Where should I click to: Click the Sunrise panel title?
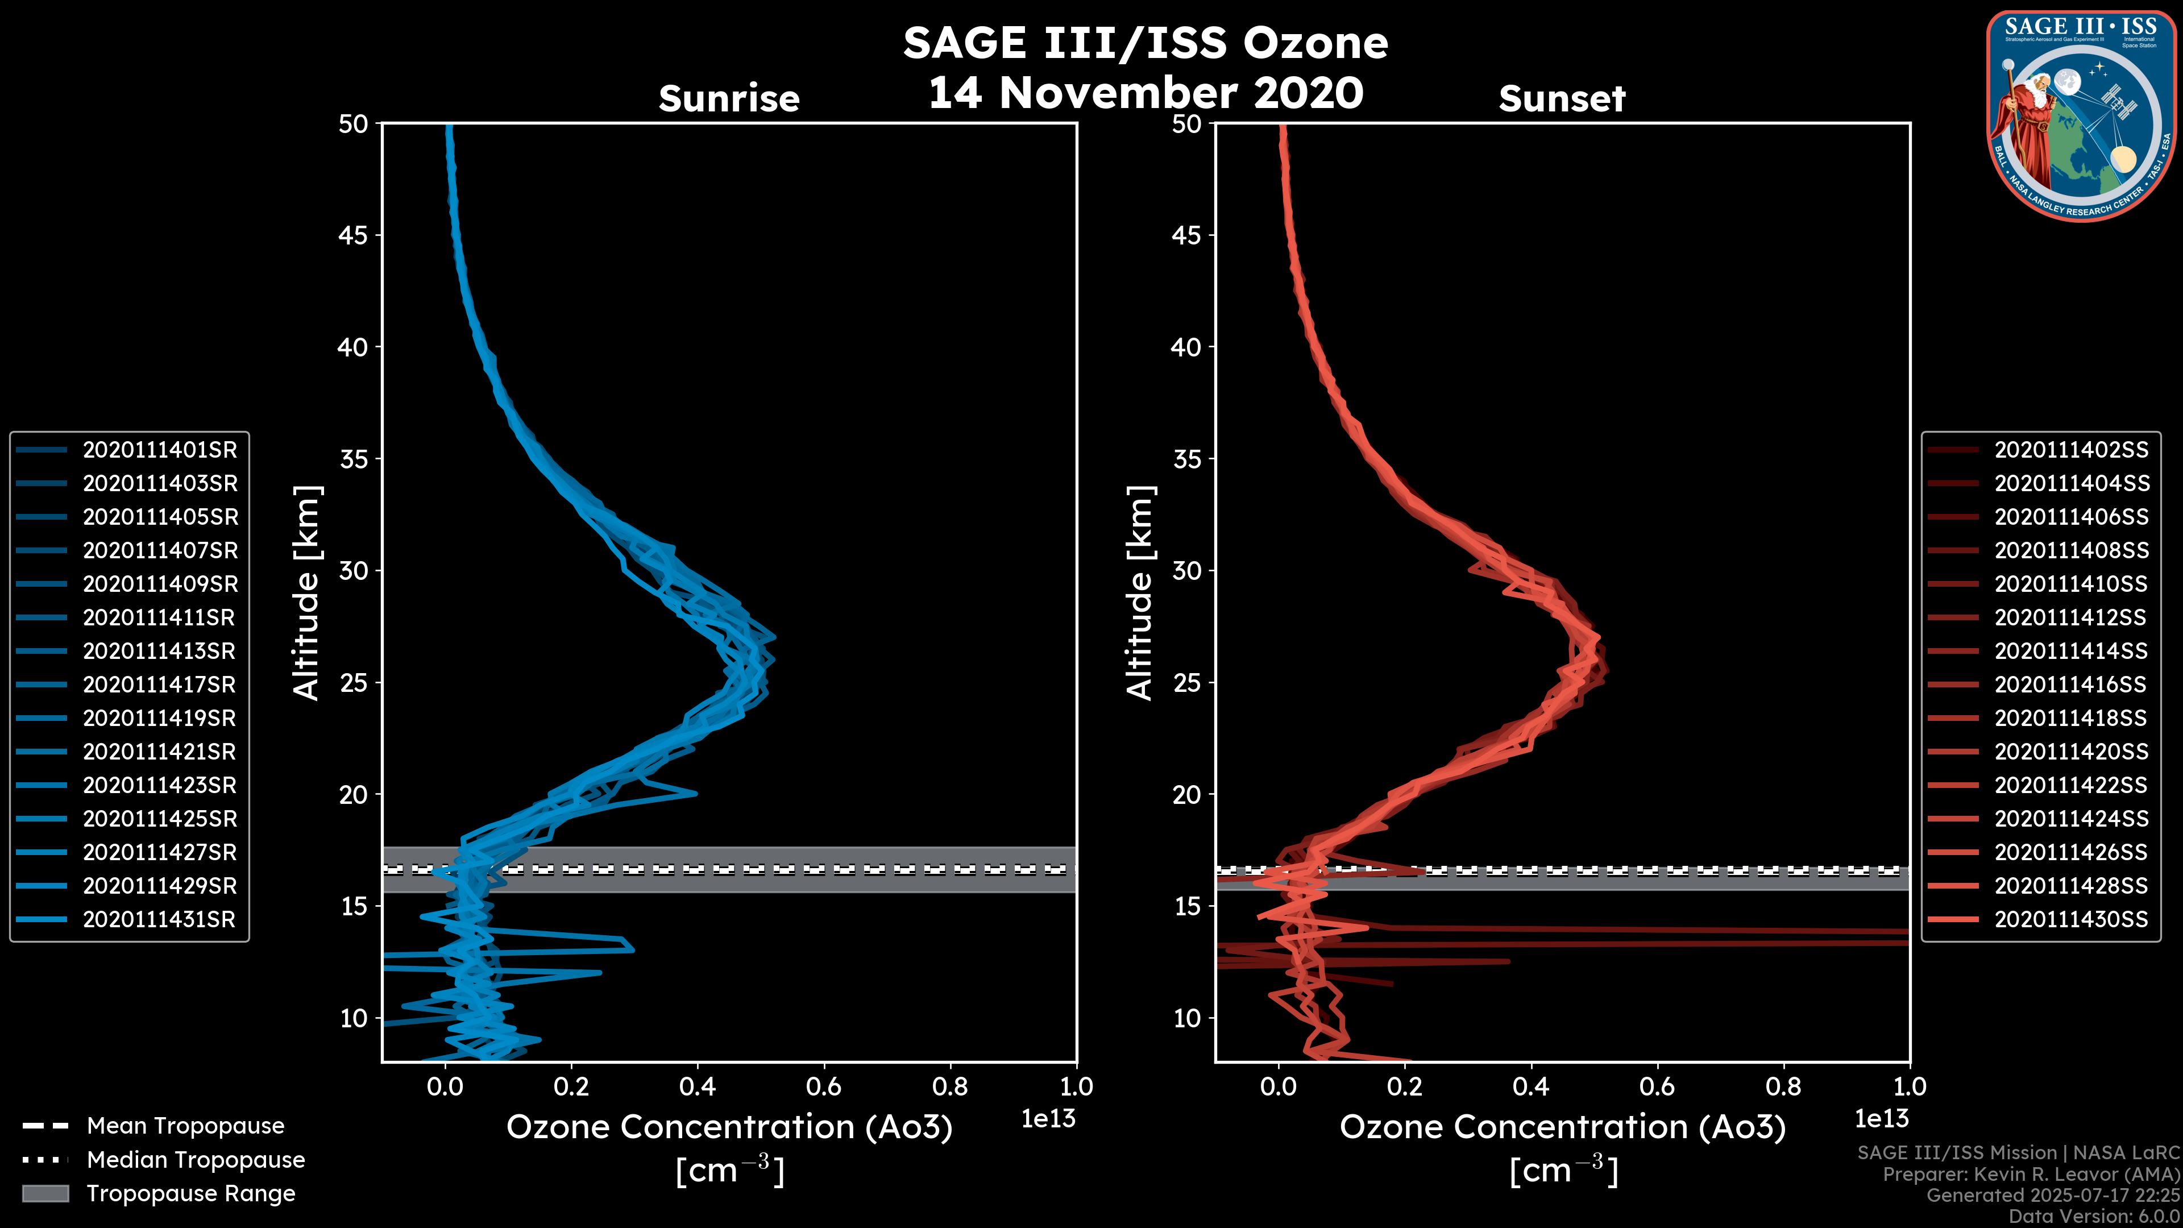point(729,99)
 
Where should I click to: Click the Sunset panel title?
point(1562,99)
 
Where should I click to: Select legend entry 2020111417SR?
point(159,684)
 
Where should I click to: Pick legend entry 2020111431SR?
point(159,919)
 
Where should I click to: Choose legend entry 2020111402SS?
point(2071,450)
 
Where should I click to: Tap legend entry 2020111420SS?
point(2071,752)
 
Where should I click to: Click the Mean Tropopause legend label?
point(185,1126)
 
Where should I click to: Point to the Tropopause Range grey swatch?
point(45,1193)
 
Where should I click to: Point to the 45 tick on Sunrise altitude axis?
point(354,235)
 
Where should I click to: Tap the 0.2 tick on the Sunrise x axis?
point(571,1086)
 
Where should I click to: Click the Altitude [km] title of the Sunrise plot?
point(307,592)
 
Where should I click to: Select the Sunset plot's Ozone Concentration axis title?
point(1562,1127)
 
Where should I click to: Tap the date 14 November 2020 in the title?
point(1146,93)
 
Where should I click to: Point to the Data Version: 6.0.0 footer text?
point(2095,1216)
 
